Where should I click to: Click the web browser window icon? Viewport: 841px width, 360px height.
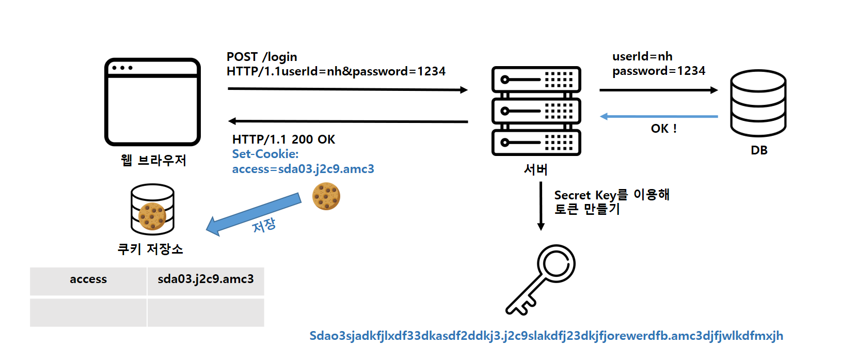click(x=152, y=102)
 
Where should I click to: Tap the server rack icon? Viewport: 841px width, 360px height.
click(x=536, y=111)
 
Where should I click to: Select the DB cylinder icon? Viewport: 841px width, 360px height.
click(x=758, y=103)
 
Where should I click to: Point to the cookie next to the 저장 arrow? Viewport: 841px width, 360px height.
click(x=326, y=196)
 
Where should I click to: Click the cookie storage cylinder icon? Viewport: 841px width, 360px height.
click(x=152, y=210)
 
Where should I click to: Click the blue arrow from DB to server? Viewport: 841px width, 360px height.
click(x=659, y=116)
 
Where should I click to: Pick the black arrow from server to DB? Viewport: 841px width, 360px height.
click(x=659, y=90)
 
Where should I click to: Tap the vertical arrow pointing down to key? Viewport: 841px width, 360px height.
click(x=541, y=206)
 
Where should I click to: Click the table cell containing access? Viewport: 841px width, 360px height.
click(x=88, y=280)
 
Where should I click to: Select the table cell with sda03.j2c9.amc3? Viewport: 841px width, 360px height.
click(x=205, y=280)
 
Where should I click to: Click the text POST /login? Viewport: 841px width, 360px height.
click(x=262, y=57)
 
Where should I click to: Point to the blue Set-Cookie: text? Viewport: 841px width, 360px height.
click(x=265, y=154)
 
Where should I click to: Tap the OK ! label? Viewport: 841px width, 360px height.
click(x=663, y=129)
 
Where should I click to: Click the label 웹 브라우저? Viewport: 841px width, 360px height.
click(x=153, y=161)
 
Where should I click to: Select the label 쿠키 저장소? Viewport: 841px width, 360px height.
click(x=150, y=249)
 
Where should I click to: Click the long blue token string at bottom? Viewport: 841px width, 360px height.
click(x=546, y=336)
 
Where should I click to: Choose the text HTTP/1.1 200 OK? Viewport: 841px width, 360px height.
click(x=283, y=139)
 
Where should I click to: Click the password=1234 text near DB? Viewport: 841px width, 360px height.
click(x=658, y=71)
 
